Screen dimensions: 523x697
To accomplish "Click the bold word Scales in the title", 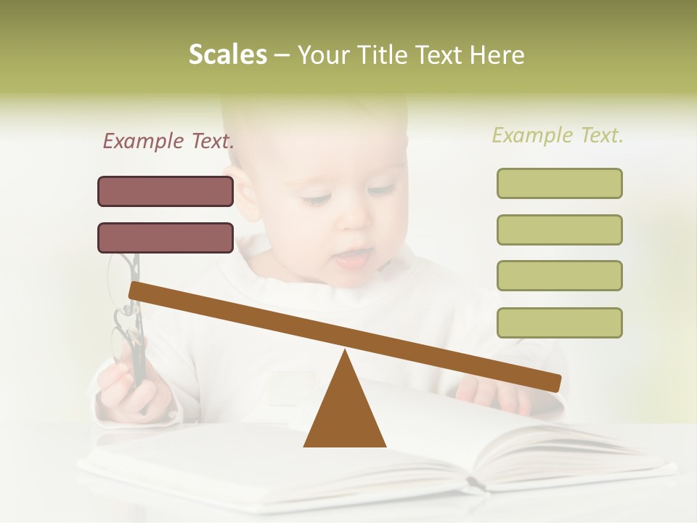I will (227, 54).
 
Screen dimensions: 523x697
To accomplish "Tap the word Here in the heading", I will (497, 55).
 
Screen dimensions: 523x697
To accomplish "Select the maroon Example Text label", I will (168, 141).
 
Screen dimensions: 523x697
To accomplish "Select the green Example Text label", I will (558, 135).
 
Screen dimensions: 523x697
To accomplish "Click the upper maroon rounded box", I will (166, 191).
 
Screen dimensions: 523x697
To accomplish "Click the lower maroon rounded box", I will (166, 238).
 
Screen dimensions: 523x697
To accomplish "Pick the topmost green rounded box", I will (559, 183).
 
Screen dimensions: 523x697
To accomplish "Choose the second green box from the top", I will (559, 230).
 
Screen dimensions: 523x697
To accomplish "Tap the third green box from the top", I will (559, 275).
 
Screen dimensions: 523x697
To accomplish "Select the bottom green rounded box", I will (559, 323).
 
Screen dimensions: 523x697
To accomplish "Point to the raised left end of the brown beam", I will (138, 292).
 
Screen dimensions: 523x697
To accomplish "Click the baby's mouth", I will (356, 258).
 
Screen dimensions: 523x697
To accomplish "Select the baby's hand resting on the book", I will (494, 396).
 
